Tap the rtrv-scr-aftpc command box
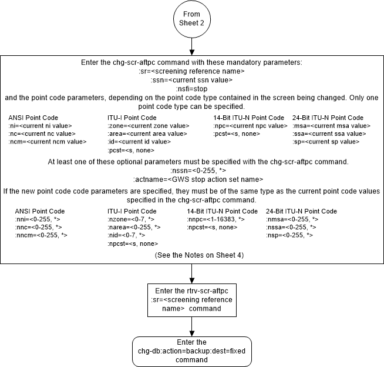tap(192, 299)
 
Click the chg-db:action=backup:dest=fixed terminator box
tap(192, 350)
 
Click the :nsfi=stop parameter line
tap(192, 87)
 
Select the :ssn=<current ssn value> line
tap(192, 79)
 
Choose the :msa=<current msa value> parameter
tap(332, 125)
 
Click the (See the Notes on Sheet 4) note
tap(192, 256)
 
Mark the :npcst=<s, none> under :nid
tap(133, 243)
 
